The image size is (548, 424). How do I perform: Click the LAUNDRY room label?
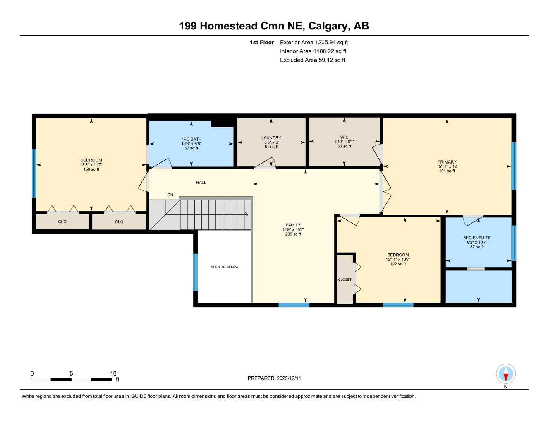pyautogui.click(x=271, y=138)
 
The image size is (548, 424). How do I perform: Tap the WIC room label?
pyautogui.click(x=344, y=137)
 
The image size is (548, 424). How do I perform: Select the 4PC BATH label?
pyautogui.click(x=191, y=139)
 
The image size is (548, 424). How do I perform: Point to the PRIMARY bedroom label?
pyautogui.click(x=447, y=162)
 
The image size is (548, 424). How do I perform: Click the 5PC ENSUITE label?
pyautogui.click(x=477, y=238)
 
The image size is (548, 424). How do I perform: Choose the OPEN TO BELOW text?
pyautogui.click(x=224, y=267)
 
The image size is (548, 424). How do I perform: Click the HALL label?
pyautogui.click(x=201, y=183)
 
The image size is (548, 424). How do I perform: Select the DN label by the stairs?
pyautogui.click(x=170, y=195)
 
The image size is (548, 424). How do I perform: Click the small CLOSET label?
pyautogui.click(x=345, y=279)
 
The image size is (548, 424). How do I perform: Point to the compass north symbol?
pyautogui.click(x=506, y=375)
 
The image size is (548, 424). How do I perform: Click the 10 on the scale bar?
pyautogui.click(x=113, y=373)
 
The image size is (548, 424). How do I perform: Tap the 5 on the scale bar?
pyautogui.click(x=71, y=373)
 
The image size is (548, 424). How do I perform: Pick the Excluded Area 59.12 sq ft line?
pyautogui.click(x=312, y=60)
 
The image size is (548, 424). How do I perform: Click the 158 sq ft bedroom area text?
pyautogui.click(x=91, y=169)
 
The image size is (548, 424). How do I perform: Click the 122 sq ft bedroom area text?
pyautogui.click(x=398, y=264)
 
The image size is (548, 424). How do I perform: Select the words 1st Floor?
pyautogui.click(x=262, y=42)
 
